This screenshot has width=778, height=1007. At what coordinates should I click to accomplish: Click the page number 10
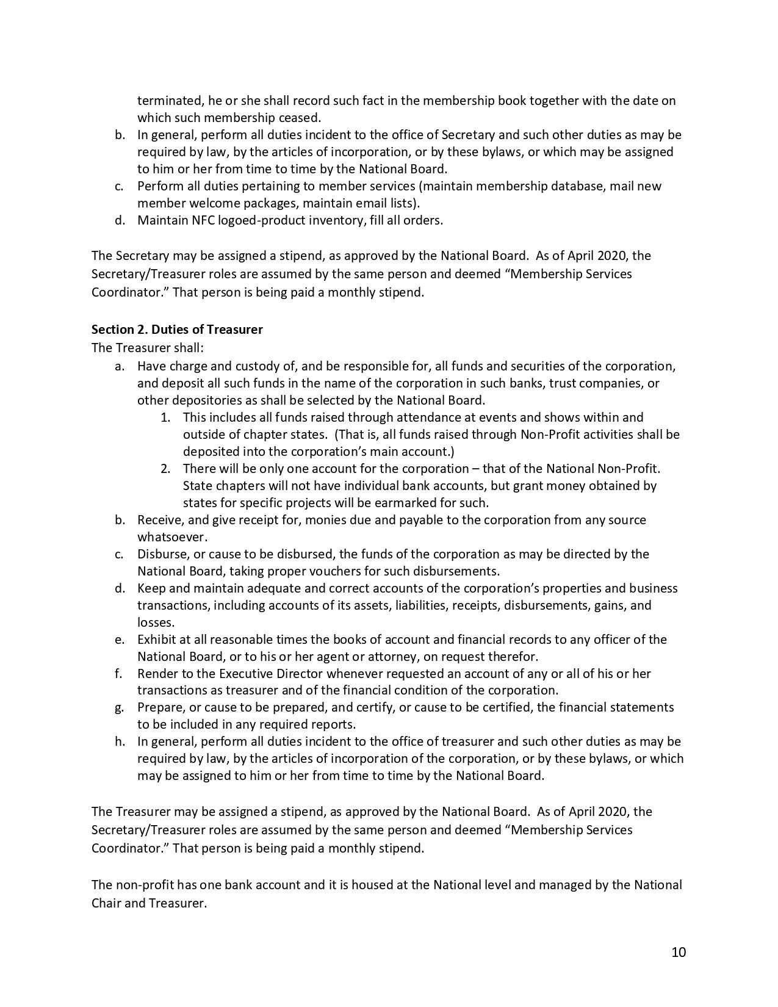click(x=679, y=952)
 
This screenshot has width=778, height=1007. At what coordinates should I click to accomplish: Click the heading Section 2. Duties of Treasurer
click(x=177, y=330)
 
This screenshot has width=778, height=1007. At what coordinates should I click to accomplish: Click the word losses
click(x=156, y=623)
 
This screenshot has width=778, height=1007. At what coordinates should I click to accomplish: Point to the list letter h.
click(x=120, y=742)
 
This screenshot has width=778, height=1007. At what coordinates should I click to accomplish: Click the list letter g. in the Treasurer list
click(x=120, y=707)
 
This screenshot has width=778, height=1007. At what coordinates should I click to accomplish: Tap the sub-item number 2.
click(x=165, y=469)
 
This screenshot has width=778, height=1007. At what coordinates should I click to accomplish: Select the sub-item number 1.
click(x=165, y=417)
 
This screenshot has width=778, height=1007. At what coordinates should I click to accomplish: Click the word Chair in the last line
click(x=106, y=903)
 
